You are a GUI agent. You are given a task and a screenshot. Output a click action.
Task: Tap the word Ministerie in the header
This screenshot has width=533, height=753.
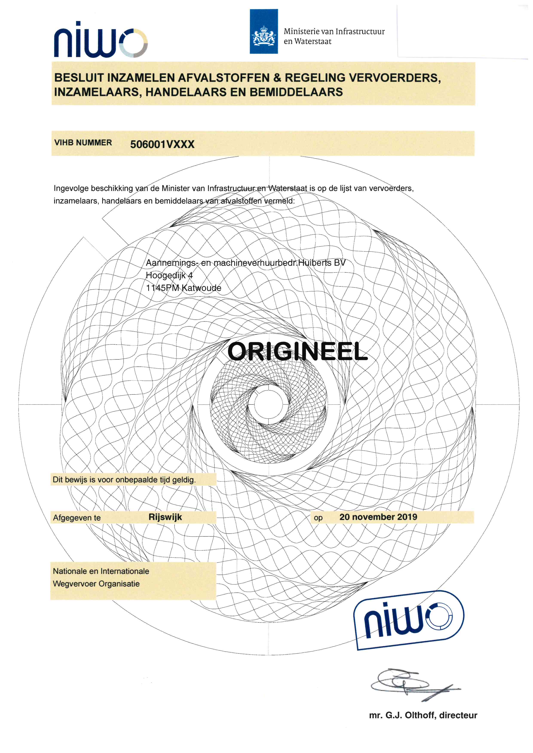tap(301, 32)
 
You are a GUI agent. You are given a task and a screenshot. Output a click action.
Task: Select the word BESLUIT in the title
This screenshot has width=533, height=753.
tap(79, 78)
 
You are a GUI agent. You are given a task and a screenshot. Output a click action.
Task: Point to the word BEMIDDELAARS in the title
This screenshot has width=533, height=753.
tap(296, 92)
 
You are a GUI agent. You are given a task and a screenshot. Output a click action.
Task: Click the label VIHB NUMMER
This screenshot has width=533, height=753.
tap(83, 143)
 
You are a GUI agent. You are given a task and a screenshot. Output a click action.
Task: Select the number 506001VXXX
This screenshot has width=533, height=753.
tap(162, 144)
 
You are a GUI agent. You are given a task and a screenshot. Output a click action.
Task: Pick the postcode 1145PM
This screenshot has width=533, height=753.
tap(162, 288)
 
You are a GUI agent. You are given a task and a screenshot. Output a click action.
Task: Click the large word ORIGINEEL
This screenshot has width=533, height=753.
tap(297, 351)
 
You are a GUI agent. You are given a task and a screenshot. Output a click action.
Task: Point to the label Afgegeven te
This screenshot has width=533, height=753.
tap(77, 518)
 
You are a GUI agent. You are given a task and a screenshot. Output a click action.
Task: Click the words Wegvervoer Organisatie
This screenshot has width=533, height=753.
tap(96, 584)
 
